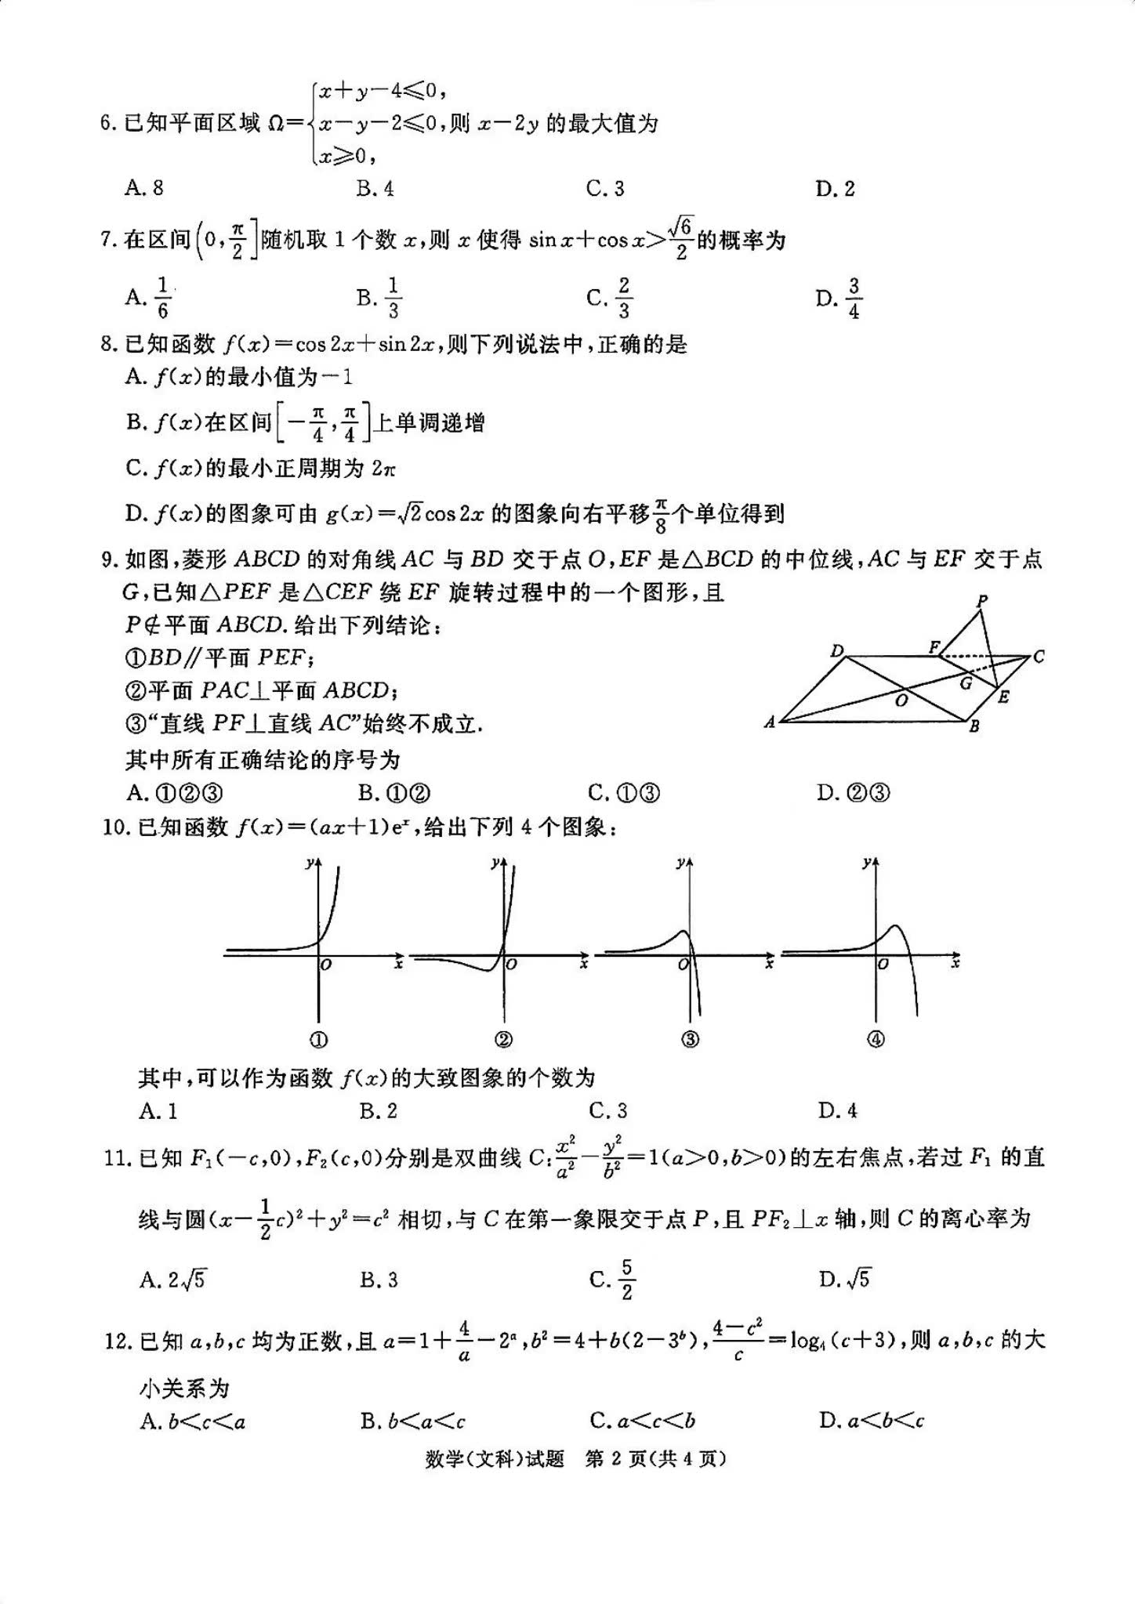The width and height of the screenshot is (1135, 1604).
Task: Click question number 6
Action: click(x=107, y=124)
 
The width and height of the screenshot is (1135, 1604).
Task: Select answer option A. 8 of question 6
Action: click(x=144, y=188)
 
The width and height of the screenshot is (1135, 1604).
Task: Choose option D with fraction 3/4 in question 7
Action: click(x=839, y=299)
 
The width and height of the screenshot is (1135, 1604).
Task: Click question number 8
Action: click(x=107, y=345)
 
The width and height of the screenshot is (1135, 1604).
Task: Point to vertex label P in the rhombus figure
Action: click(x=982, y=602)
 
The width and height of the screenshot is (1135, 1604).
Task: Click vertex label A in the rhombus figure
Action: click(x=770, y=722)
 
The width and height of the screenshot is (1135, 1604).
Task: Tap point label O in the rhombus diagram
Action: click(x=901, y=700)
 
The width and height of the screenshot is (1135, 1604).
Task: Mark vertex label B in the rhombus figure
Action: click(x=974, y=726)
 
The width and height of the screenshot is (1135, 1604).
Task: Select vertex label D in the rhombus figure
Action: click(x=837, y=651)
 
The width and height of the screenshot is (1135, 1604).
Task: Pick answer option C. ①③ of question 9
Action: click(x=624, y=794)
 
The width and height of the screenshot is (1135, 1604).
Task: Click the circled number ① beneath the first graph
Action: click(x=319, y=1040)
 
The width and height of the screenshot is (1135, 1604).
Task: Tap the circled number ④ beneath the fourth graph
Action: click(x=876, y=1040)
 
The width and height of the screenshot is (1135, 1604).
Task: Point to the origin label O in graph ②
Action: click(x=512, y=965)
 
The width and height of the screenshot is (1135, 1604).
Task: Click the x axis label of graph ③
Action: click(x=769, y=964)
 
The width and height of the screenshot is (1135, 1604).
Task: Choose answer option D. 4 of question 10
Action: click(x=838, y=1110)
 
